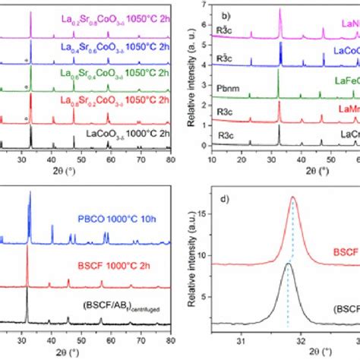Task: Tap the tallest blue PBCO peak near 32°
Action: (30, 192)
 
